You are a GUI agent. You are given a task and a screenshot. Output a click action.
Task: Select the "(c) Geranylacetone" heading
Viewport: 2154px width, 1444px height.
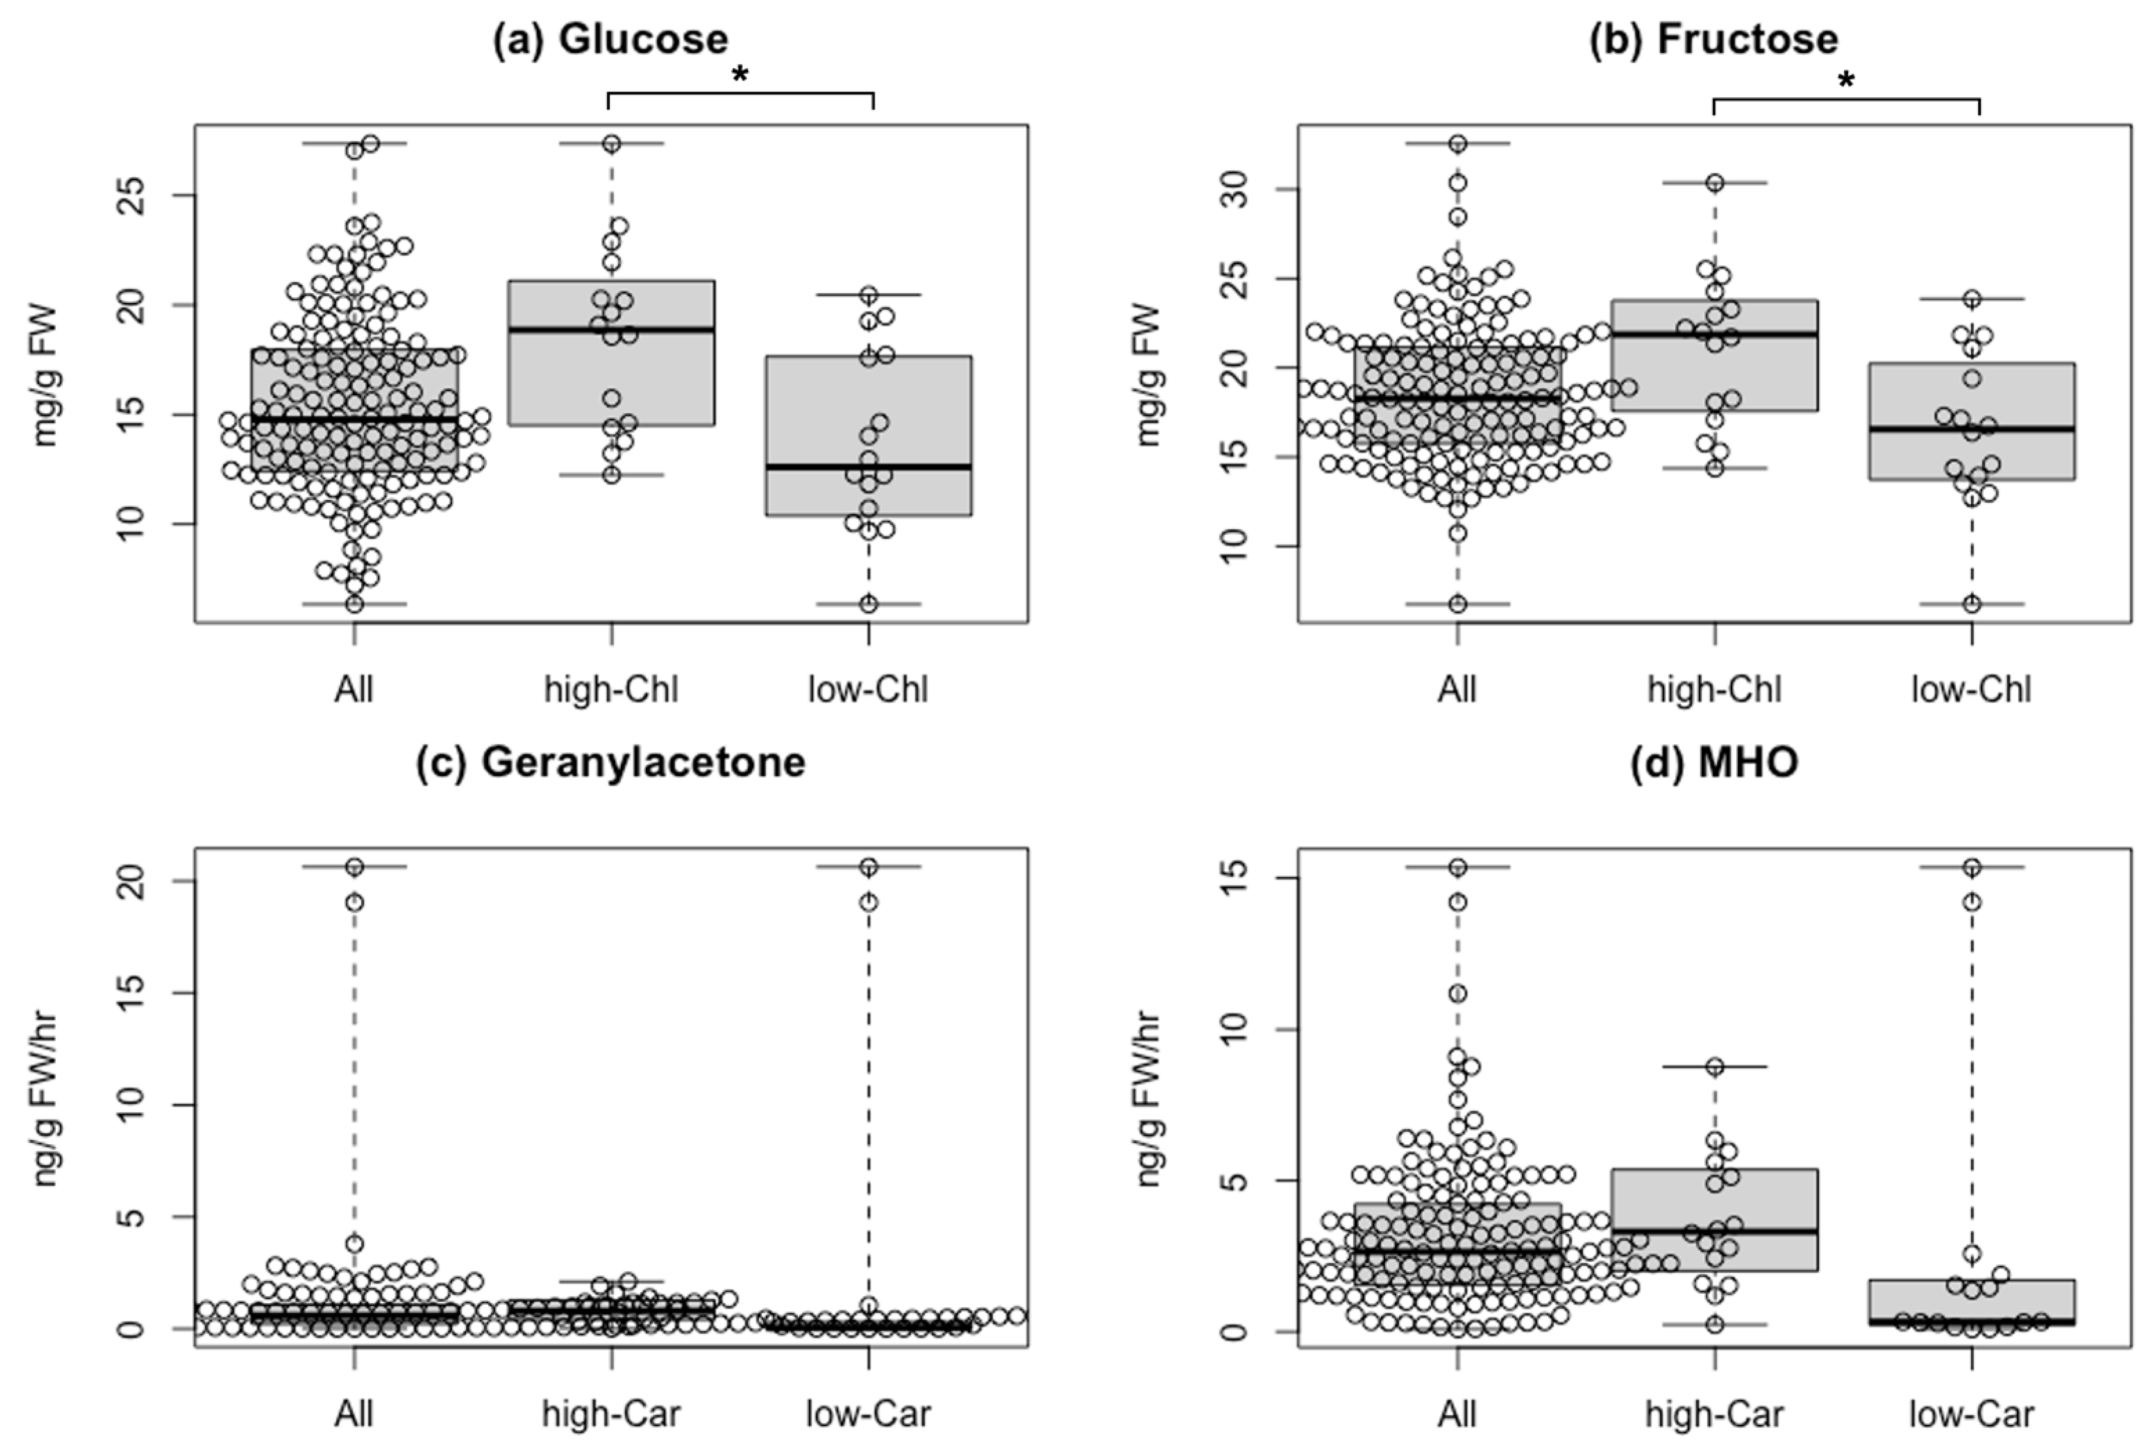pos(611,763)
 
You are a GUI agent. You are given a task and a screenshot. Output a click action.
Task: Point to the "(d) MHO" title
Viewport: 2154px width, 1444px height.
pos(1714,763)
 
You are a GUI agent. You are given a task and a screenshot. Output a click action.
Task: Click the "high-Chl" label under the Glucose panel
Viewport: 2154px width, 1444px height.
pos(611,690)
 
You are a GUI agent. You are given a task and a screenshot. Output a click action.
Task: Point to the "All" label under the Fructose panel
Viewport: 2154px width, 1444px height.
pos(1457,690)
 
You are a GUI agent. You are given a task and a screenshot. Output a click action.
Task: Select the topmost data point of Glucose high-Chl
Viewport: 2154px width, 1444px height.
pos(611,144)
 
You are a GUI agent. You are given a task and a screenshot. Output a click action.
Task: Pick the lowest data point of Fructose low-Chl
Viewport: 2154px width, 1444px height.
pos(1972,604)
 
